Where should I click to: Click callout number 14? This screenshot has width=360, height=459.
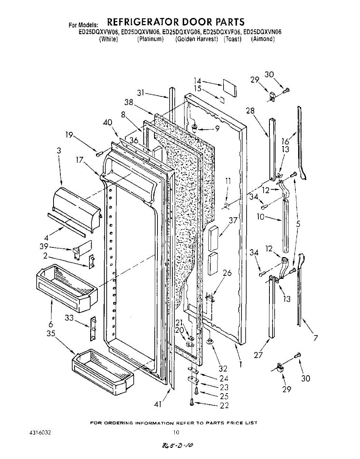coord(197,81)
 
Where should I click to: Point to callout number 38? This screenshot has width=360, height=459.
coord(129,102)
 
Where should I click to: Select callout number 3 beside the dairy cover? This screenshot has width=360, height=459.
coord(59,151)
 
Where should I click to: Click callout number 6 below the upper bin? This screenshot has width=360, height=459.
coord(51,324)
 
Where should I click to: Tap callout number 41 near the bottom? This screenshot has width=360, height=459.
coord(158,404)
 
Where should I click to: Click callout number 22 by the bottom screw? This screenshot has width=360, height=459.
coord(224,405)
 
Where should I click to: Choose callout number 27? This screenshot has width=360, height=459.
coord(259,355)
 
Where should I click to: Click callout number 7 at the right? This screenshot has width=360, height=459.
coord(316,338)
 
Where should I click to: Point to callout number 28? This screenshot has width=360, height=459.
coord(250,111)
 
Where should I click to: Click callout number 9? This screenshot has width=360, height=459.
coord(217,129)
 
